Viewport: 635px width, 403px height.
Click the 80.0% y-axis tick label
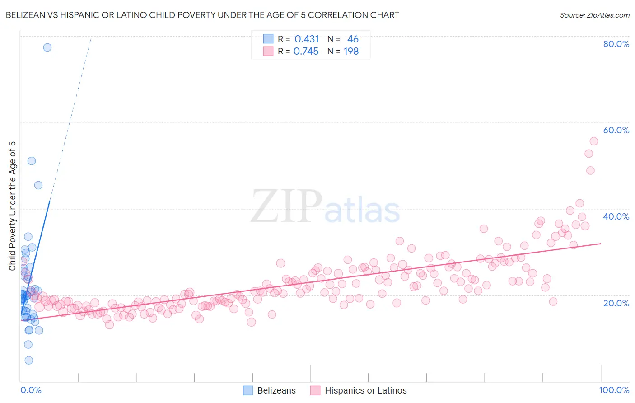pos(616,44)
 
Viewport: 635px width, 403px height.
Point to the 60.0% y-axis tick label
pos(616,130)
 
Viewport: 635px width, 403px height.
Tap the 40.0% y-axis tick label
pos(616,216)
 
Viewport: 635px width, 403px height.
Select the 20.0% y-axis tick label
pos(616,303)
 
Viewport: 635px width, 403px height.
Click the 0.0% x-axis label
pos(31,390)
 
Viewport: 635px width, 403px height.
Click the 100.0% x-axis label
pos(614,390)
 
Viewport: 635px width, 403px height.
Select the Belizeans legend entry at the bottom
pos(270,390)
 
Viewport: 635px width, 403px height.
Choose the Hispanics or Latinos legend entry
pos(359,390)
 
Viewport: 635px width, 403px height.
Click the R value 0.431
pos(307,39)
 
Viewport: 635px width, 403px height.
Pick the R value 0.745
pos(306,52)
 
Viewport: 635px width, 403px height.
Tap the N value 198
pos(351,52)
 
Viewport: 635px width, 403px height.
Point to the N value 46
pos(353,39)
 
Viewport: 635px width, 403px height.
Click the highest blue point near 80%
pos(47,47)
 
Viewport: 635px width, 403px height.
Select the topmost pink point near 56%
pos(594,141)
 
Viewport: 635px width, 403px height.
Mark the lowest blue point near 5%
pos(28,360)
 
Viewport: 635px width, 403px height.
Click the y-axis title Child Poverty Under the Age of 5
pos(13,206)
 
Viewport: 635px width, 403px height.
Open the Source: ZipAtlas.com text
pos(594,15)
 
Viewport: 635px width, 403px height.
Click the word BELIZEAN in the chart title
pos(27,15)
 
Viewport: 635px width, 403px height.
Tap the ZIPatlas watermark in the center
pos(325,206)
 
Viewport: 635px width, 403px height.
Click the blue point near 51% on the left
pos(32,161)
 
